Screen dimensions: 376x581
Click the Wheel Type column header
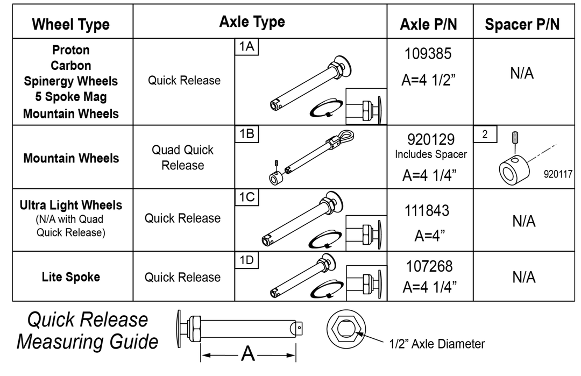pos(70,24)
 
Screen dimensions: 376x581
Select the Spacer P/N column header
pos(522,24)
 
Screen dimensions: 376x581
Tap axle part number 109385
pos(428,54)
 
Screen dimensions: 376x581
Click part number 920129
pos(430,140)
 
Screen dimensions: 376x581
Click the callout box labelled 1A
pos(247,47)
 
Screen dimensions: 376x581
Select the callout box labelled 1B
pos(247,134)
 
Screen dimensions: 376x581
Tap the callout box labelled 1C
pos(247,197)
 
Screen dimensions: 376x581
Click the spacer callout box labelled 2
pos(485,134)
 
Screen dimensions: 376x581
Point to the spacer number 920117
pos(557,174)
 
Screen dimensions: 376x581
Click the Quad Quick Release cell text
pos(183,158)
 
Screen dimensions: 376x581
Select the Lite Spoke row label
pos(71,277)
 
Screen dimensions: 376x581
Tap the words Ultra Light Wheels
pos(71,205)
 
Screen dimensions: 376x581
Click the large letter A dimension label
pos(248,354)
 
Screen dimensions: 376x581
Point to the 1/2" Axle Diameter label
pos(437,344)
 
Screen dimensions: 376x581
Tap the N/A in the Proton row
pos(522,74)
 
